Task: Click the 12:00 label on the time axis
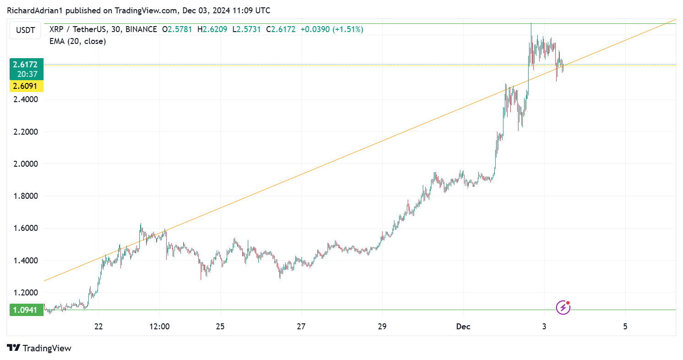159,327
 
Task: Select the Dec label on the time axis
463,327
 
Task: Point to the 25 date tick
220,327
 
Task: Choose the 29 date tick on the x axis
382,327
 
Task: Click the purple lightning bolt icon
563,307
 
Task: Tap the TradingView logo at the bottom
39,348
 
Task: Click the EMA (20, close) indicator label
77,41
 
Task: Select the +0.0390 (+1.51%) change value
332,29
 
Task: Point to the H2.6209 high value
212,29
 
